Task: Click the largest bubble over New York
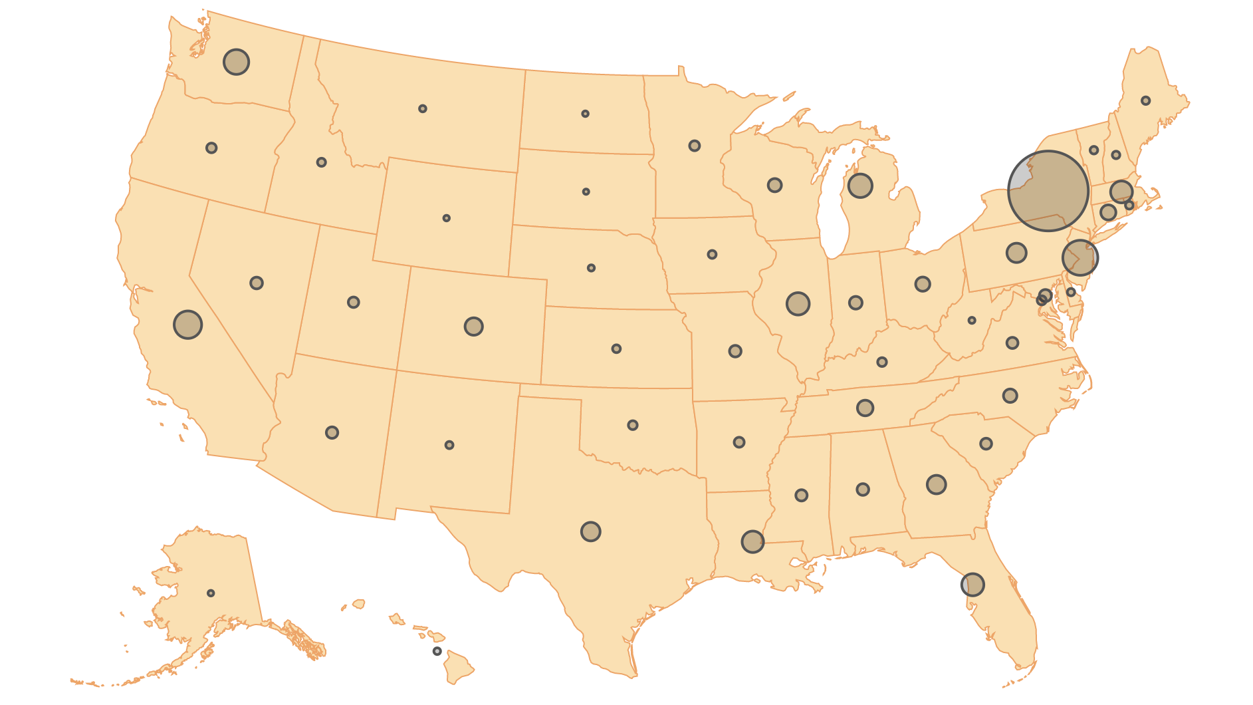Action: click(1048, 191)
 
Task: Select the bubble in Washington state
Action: click(236, 62)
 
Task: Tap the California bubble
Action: click(187, 325)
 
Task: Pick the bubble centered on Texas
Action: click(590, 531)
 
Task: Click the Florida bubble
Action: click(972, 585)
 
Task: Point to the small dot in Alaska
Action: click(211, 593)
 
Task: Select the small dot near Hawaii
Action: click(437, 651)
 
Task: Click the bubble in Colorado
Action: click(473, 327)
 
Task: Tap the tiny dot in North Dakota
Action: click(585, 114)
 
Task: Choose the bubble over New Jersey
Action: click(1080, 257)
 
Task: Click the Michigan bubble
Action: click(860, 186)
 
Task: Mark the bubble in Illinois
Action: click(798, 304)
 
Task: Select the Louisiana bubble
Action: click(752, 541)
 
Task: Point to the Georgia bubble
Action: click(936, 484)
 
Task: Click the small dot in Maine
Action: click(1145, 100)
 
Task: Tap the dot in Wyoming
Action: click(446, 218)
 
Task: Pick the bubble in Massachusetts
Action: click(1121, 192)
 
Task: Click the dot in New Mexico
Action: click(449, 445)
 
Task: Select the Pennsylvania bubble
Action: click(1016, 253)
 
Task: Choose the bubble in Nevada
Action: click(257, 283)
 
